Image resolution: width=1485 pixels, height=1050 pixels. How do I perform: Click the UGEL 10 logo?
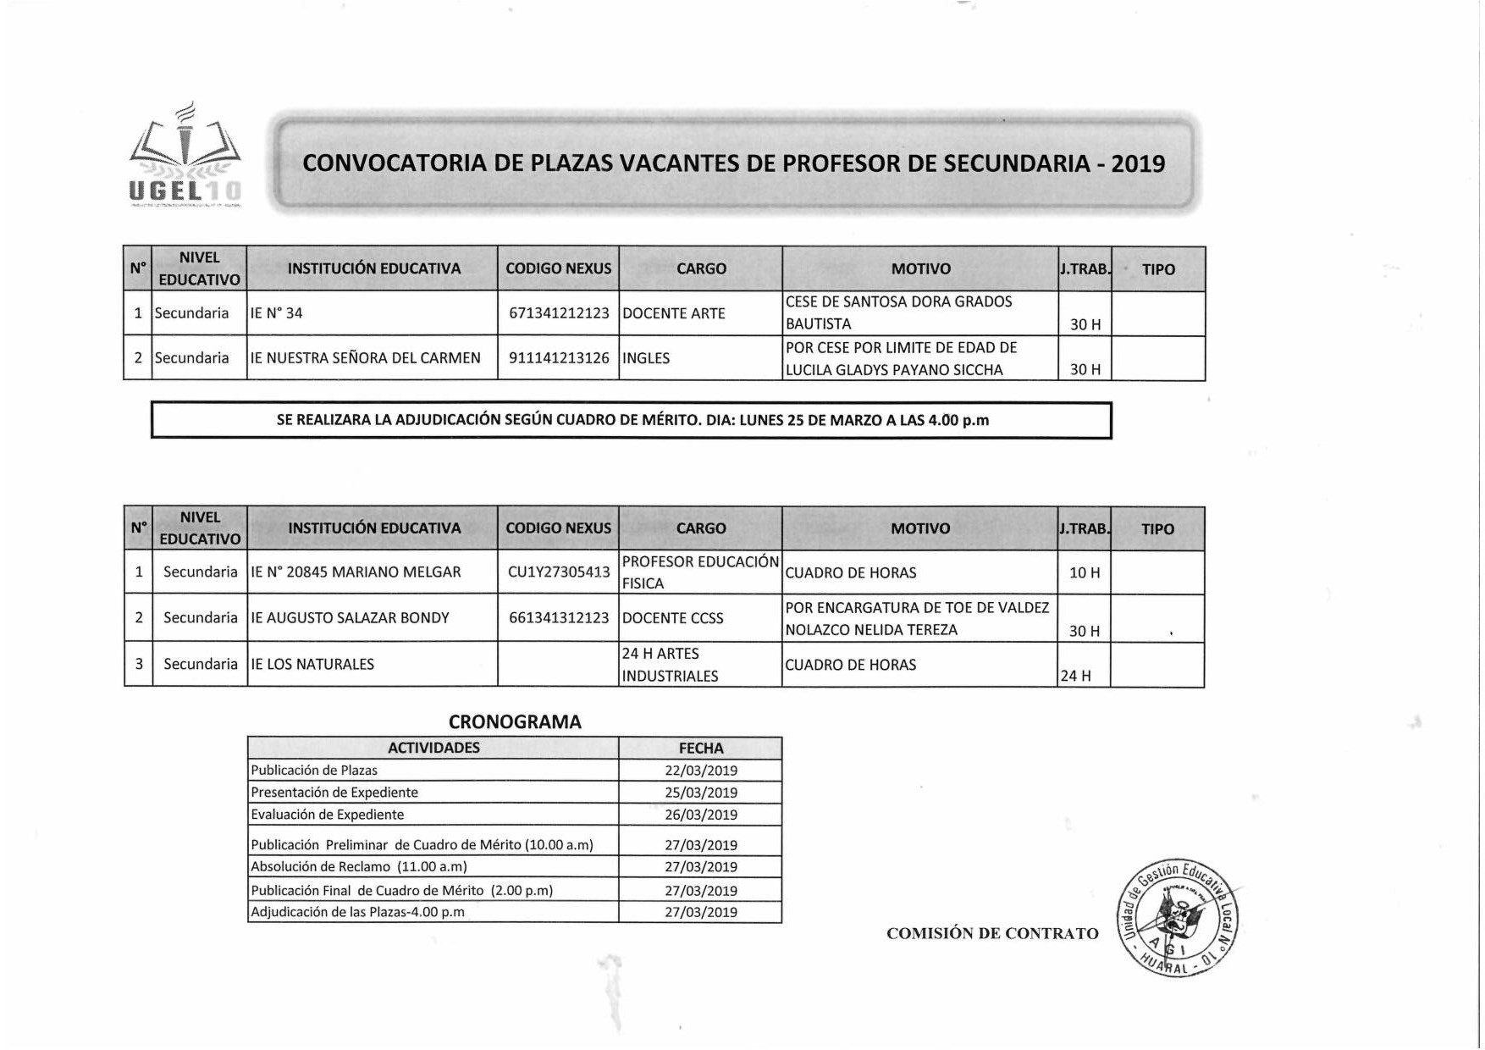coord(185,157)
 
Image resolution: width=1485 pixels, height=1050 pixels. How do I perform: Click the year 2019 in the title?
coord(1138,163)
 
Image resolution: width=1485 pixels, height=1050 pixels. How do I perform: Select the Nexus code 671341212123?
coord(559,313)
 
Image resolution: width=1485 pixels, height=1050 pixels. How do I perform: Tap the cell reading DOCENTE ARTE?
coord(674,313)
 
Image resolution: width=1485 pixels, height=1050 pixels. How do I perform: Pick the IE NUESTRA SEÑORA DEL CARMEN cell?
coord(365,358)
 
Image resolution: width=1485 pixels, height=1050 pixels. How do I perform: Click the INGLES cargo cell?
coord(646,358)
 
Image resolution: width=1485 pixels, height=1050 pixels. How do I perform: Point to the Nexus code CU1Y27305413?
coord(559,572)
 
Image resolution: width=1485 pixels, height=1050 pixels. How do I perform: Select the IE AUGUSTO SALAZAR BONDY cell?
coord(350,618)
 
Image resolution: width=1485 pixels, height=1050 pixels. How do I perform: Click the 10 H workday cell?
coord(1085,573)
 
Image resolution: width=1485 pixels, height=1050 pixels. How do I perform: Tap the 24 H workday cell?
coord(1076,676)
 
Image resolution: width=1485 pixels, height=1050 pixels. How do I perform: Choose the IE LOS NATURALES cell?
coord(312,665)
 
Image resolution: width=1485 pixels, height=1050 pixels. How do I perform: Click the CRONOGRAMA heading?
coord(515,722)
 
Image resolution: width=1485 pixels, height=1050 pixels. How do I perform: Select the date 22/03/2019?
coord(701,771)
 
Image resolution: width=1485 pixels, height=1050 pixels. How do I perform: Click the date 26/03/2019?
coord(701,815)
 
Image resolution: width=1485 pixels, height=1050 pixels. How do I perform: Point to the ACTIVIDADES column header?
coord(433,748)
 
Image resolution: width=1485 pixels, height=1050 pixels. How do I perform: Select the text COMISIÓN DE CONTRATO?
coord(992,933)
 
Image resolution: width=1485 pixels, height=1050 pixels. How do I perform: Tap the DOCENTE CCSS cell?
coord(673,618)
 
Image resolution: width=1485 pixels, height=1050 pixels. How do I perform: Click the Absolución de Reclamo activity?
coord(359,866)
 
